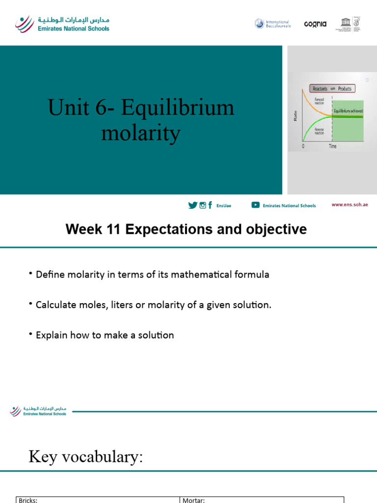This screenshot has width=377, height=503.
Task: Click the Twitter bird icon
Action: coord(192,205)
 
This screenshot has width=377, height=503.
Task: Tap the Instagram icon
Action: coord(202,205)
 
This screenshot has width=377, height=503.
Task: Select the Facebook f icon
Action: coord(210,205)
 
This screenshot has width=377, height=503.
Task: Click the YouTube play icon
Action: coord(255,205)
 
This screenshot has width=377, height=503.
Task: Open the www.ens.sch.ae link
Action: coord(350,205)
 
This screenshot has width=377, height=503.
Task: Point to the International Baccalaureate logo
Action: coord(272,24)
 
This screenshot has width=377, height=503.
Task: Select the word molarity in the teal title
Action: coord(141,133)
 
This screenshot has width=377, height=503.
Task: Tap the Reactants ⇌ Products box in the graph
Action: coord(332,89)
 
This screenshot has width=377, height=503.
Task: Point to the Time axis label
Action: coord(332,146)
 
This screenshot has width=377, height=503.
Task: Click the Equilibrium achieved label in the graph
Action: coord(349,111)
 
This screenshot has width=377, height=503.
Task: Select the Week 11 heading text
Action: coord(187,229)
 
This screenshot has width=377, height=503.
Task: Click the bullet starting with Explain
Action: coord(105,335)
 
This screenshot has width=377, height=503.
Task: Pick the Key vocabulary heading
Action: coord(85,457)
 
